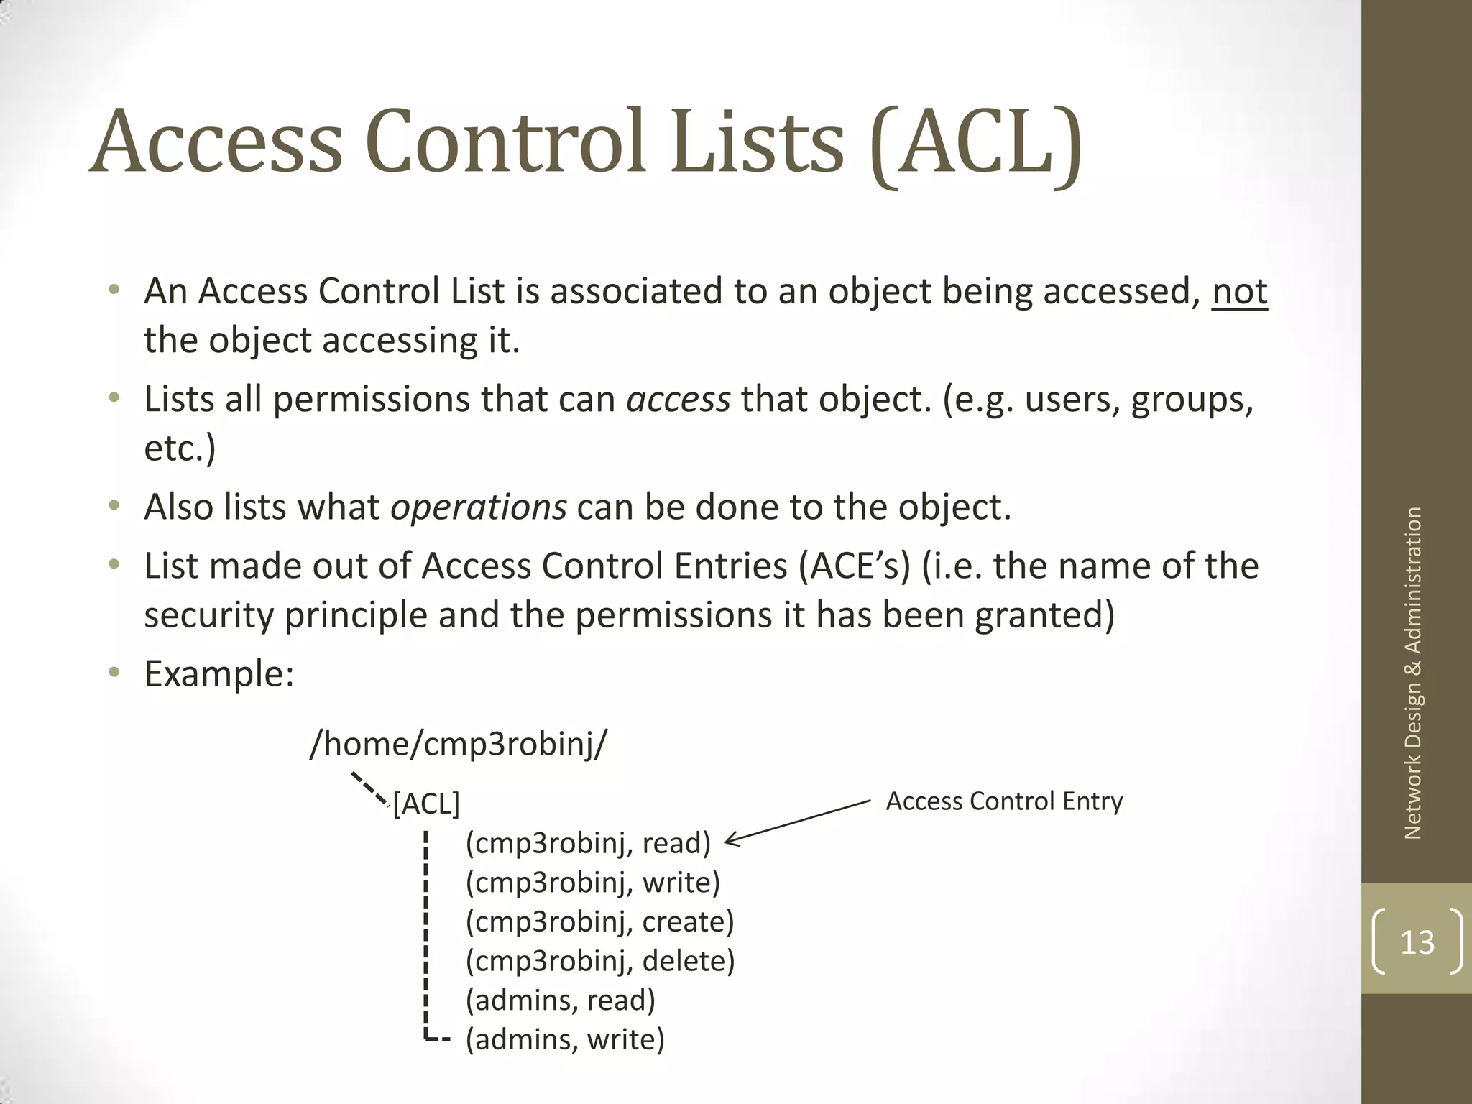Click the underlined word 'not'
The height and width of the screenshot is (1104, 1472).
tap(1239, 292)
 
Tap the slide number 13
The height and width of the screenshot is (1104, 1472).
tap(1417, 942)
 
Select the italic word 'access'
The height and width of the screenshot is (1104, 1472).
tap(678, 400)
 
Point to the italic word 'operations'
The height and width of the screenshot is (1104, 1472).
tap(478, 507)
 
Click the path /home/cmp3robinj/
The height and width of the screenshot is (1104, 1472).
tap(458, 743)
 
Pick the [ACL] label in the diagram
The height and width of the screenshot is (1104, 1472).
tap(426, 804)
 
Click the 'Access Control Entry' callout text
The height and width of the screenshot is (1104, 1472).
tap(1003, 801)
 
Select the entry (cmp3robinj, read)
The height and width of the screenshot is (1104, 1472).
tap(588, 843)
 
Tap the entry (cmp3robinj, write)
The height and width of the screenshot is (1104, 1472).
tap(592, 883)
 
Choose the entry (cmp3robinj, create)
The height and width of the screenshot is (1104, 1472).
tap(599, 922)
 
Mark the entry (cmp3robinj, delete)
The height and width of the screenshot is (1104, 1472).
tap(600, 962)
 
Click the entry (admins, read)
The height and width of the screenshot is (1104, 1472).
tap(561, 1000)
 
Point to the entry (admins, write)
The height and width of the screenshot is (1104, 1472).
tap(565, 1040)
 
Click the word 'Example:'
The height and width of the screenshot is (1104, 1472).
tap(219, 674)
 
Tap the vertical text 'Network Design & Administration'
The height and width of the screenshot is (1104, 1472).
tap(1413, 673)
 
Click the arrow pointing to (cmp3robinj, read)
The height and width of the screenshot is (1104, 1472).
tap(798, 822)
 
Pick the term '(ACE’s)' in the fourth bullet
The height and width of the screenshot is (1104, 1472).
tap(854, 566)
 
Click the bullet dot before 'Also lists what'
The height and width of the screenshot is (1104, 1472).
tap(114, 506)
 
